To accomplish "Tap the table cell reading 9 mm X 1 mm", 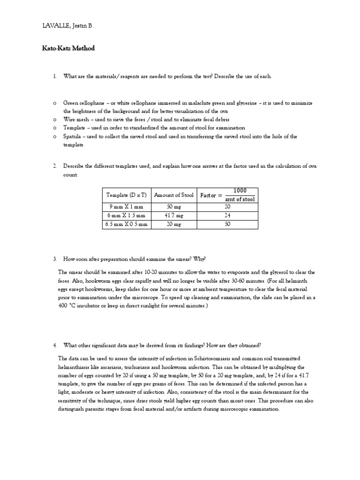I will tap(127, 206).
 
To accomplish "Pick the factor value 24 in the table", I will tap(228, 215).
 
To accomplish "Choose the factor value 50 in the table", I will tap(228, 224).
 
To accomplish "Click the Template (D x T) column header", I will tap(127, 195).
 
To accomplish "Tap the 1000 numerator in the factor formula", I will tap(240, 190).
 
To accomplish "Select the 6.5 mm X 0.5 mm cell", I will tap(127, 224).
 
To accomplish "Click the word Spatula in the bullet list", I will tap(72, 136).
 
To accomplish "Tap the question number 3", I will tap(54, 259).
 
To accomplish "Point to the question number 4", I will tap(54, 345).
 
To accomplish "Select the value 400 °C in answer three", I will tap(67, 306).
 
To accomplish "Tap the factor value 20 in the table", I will tap(228, 206).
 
